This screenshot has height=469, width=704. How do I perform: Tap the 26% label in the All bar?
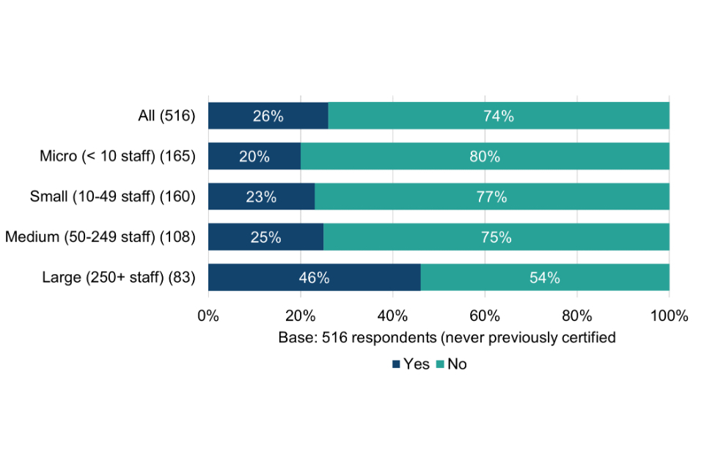(268, 116)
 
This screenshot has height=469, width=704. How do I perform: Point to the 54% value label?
(545, 278)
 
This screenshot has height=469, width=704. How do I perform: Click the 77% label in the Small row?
(492, 197)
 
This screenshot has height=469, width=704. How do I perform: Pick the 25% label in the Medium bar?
(265, 237)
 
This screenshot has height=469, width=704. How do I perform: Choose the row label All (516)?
(166, 116)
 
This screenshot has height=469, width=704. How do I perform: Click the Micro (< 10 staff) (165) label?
(118, 156)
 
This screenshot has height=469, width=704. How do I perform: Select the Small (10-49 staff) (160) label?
(113, 196)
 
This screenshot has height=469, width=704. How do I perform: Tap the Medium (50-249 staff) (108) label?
(100, 237)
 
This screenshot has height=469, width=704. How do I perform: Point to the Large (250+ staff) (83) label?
(119, 278)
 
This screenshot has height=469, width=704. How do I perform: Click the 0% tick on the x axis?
(208, 317)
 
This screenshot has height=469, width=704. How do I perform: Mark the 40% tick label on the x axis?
(392, 317)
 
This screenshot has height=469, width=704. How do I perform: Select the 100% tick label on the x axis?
(669, 317)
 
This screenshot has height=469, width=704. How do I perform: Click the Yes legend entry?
(411, 364)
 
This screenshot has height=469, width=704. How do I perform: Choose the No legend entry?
(452, 364)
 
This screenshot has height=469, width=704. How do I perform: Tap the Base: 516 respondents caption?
(446, 338)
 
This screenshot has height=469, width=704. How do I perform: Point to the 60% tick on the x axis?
(485, 317)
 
